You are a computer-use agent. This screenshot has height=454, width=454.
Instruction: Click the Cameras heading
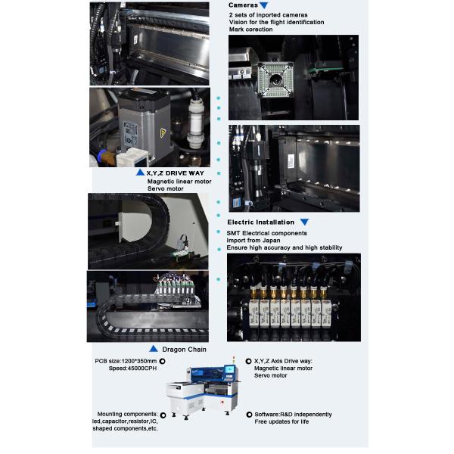coord(243,5)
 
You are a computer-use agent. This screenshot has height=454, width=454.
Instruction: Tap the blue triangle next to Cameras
coord(264,5)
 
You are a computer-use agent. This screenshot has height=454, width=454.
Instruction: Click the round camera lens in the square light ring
coord(275,79)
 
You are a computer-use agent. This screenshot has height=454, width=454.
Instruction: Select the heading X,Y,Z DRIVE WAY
coord(176,173)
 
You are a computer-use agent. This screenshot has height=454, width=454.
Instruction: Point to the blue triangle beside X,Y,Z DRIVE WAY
coord(140,173)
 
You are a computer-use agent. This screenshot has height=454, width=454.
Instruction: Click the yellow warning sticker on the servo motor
coord(163,133)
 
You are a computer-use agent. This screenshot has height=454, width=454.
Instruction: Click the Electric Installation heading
coord(260,222)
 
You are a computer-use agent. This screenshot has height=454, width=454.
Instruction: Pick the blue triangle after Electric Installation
coord(304,222)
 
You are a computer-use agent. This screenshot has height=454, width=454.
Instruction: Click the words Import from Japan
coord(253,241)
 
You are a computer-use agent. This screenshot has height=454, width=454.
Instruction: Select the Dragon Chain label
coord(184,350)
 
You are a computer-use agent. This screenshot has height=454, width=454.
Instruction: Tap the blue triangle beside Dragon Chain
coord(154,349)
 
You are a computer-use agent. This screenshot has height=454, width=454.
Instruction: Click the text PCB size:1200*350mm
coord(126,361)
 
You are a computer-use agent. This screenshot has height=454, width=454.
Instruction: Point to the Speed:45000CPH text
coord(132,368)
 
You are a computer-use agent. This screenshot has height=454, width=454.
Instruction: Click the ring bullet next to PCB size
coord(163,362)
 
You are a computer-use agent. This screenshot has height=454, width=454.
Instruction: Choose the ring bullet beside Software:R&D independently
coord(249,415)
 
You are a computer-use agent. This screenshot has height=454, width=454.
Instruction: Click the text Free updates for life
coord(281,421)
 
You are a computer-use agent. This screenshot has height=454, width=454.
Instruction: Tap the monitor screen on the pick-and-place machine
coord(229,369)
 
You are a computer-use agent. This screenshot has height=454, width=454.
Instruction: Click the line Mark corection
coord(250,30)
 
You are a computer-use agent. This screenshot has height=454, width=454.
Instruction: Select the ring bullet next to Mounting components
coord(163,415)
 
